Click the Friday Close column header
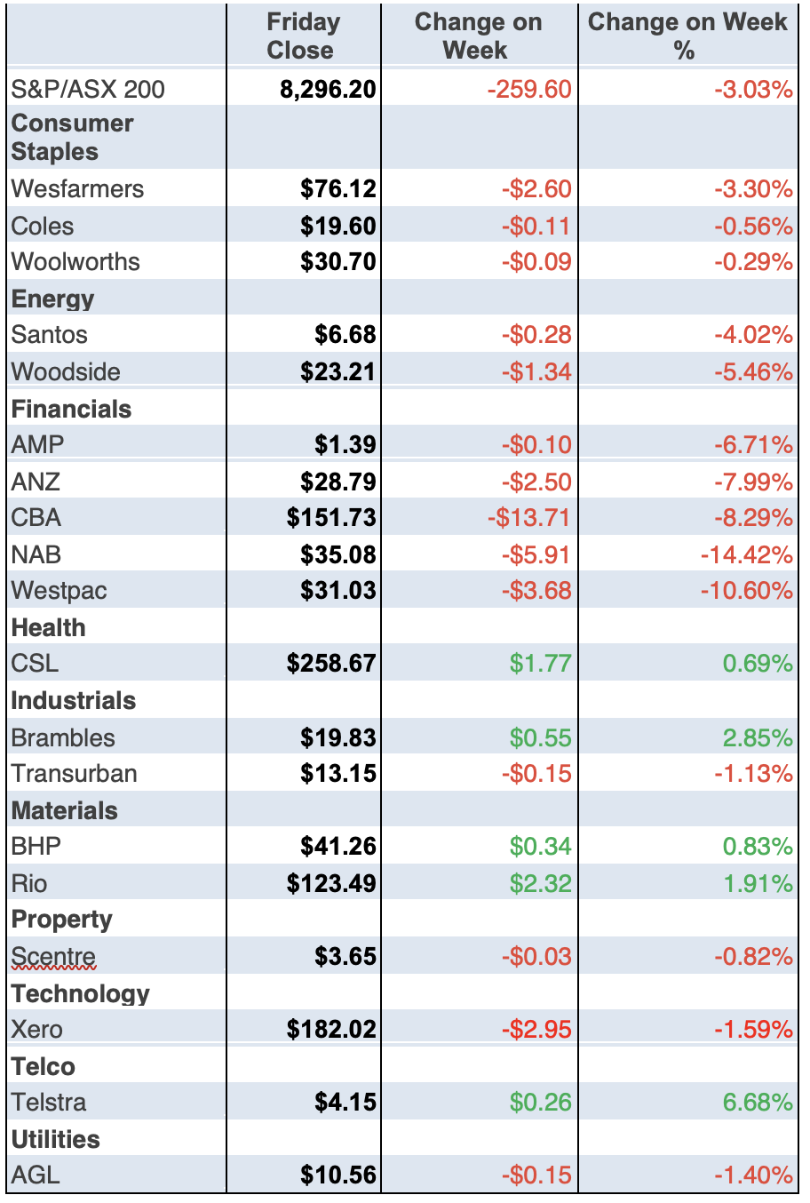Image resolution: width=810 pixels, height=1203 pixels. point(303,36)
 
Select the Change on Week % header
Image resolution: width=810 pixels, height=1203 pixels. point(687,36)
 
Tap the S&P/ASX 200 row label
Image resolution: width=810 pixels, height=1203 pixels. point(88,89)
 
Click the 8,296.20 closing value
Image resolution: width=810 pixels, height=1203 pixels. point(328,89)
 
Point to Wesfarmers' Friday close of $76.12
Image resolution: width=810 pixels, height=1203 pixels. point(338,188)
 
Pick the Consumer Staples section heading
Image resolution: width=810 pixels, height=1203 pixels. point(72,137)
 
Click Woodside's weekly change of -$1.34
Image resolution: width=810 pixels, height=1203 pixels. point(536,371)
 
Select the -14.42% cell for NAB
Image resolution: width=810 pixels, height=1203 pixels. point(746,554)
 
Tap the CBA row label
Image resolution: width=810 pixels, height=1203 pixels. point(36,517)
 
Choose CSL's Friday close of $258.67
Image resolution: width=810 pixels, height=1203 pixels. point(331,663)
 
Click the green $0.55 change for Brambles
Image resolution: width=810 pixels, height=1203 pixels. point(540,737)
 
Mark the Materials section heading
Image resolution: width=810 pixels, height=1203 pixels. point(65,810)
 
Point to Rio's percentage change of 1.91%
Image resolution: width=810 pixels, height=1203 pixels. point(758,883)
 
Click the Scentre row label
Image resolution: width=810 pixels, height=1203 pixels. point(53,956)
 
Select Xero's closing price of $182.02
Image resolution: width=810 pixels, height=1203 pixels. point(331,1029)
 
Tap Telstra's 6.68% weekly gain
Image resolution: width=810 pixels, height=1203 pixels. point(758,1102)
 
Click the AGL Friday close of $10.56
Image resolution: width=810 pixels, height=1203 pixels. point(338,1175)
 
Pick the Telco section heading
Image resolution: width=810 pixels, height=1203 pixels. point(44,1066)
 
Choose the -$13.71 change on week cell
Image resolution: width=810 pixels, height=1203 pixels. point(529,517)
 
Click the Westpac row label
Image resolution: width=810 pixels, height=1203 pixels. point(59,590)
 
